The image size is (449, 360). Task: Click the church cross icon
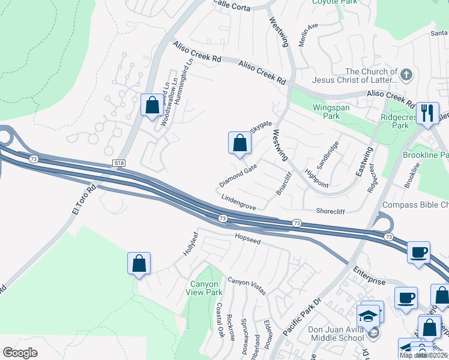pos(406,75)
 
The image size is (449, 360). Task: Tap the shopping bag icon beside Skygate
pos(240,143)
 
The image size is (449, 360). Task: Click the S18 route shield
pos(119,163)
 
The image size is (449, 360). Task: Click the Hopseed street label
pos(247,239)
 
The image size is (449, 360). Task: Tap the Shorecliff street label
pos(331,211)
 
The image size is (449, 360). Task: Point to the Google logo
pos(20,352)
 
